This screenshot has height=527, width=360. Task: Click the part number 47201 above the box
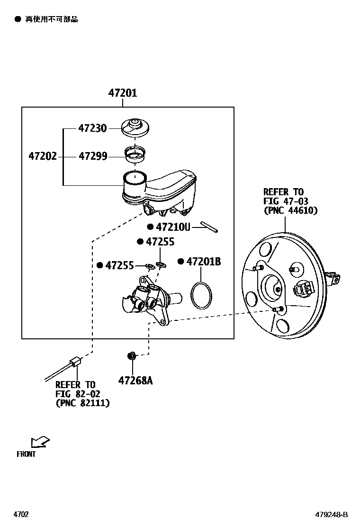123,93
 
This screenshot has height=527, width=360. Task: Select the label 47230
92,128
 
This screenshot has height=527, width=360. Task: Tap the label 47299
92,156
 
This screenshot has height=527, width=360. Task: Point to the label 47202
43,156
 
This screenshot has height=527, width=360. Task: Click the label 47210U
173,227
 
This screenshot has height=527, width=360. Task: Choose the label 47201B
203,262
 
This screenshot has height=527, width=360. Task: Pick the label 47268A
135,381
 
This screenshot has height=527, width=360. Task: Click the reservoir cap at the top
135,127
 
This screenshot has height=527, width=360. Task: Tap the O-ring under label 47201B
200,295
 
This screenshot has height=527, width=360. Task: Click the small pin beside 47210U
209,227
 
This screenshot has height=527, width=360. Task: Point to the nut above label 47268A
132,355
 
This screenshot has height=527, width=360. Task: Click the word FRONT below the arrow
26,454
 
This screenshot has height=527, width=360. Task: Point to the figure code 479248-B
332,514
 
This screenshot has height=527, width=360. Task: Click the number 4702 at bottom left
21,514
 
